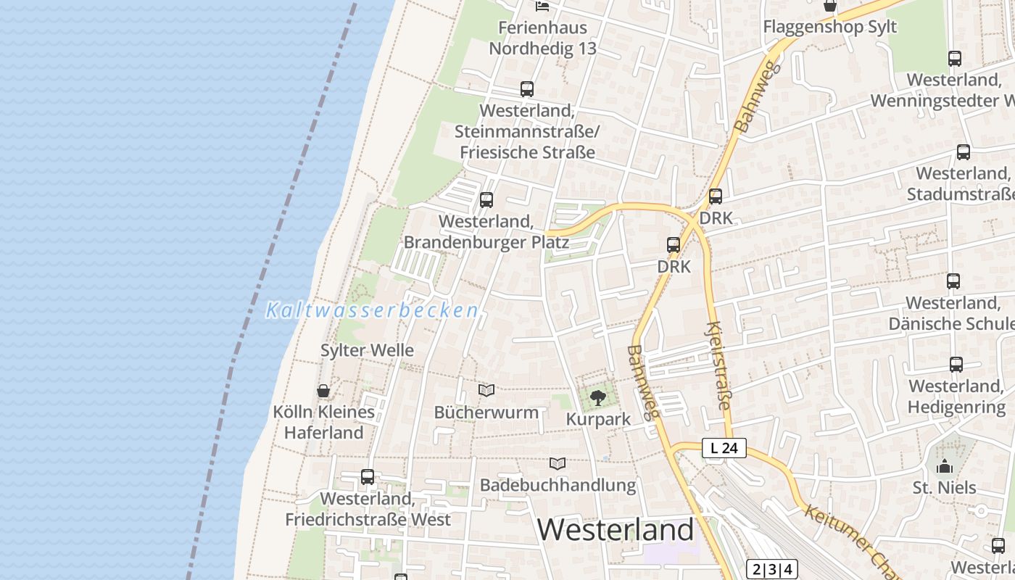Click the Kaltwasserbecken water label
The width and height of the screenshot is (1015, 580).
(372, 311)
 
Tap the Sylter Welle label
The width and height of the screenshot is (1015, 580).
(368, 350)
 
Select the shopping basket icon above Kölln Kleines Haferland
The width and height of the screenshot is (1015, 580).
(323, 391)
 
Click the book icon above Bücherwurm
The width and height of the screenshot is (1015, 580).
(486, 391)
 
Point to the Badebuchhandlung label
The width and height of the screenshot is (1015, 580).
(558, 485)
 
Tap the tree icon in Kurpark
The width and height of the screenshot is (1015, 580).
(597, 397)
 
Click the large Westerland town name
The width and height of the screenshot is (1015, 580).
(616, 530)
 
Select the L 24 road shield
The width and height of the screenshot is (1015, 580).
(724, 448)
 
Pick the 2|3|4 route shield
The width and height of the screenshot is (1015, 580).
(771, 569)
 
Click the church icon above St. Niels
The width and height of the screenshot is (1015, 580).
(944, 466)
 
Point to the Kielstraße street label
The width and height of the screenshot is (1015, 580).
(718, 365)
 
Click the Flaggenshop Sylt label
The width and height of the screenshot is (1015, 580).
(829, 27)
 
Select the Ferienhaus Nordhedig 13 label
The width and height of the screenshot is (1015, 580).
(542, 38)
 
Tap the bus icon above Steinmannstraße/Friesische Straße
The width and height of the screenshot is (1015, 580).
(527, 89)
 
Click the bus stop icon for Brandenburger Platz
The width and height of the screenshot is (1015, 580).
(486, 199)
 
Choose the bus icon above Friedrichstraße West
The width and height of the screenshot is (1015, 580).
(368, 477)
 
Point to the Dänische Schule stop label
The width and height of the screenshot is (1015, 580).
(952, 312)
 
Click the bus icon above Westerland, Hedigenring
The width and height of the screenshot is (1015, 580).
(956, 365)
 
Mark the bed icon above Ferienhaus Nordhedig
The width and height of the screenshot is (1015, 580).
(542, 7)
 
